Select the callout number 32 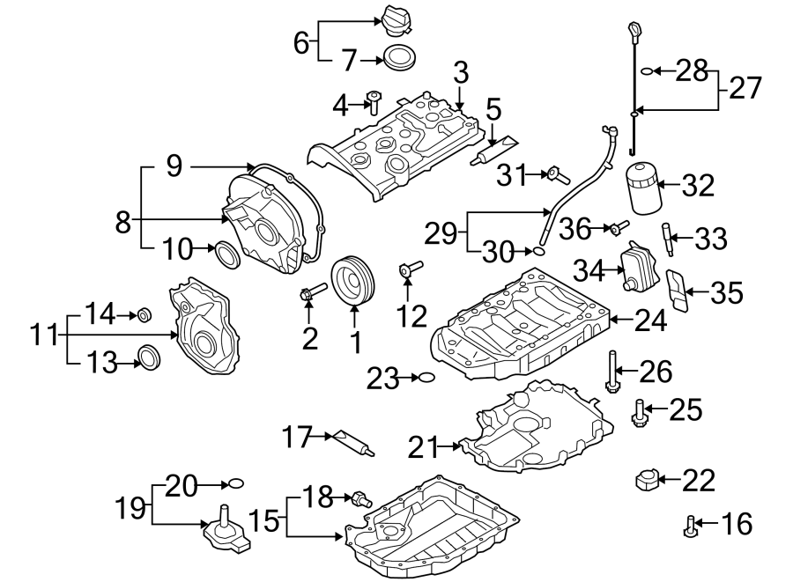pos(698,186)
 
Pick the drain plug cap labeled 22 pos(645,481)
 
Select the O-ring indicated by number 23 pos(426,379)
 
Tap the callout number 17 pos(298,434)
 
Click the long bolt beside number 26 pos(610,372)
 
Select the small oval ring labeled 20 pos(233,483)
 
